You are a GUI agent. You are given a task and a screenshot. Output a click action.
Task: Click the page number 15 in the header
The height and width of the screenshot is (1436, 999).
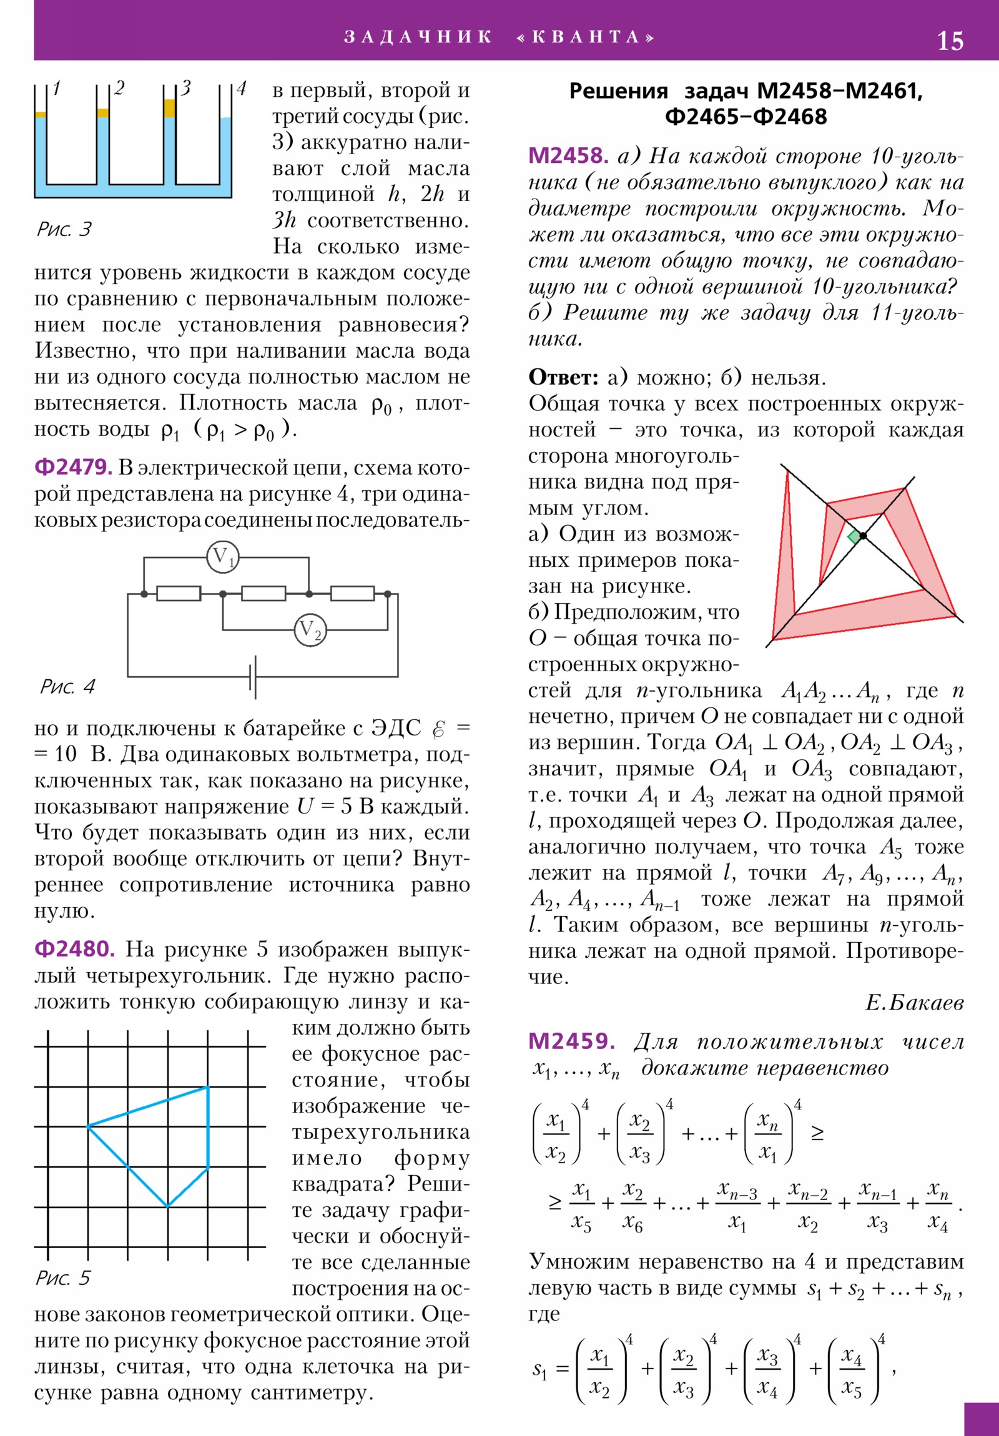[950, 41]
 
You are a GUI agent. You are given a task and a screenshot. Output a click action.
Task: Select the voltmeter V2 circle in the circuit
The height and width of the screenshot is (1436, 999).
[310, 630]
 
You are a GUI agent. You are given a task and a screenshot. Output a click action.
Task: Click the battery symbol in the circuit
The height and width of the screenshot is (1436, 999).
[253, 677]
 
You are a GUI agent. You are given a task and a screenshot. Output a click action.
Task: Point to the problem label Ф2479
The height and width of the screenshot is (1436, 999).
[73, 467]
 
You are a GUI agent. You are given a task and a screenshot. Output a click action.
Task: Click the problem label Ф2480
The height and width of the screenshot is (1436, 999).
[74, 949]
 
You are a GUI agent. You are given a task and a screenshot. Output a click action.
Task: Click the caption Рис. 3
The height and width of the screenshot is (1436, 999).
[64, 230]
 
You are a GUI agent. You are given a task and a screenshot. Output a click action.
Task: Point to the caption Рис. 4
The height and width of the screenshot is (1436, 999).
[67, 687]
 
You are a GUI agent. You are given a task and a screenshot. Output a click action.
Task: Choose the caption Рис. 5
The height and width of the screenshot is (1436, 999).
[62, 1278]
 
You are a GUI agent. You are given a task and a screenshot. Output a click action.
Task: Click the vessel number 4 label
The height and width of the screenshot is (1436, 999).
[242, 88]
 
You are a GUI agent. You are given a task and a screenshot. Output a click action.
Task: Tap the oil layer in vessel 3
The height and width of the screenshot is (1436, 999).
[169, 108]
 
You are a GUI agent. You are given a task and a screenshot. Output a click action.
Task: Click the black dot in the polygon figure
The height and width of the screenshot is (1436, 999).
[864, 536]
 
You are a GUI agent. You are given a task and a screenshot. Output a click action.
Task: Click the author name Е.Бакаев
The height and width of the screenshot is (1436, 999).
[914, 1003]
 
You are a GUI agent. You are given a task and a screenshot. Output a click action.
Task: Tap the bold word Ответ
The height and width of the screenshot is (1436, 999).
[564, 377]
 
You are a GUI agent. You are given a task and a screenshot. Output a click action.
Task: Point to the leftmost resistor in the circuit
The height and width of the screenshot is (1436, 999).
[179, 594]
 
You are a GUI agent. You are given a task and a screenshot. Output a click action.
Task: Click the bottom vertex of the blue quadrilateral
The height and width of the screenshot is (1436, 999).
[168, 1206]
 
